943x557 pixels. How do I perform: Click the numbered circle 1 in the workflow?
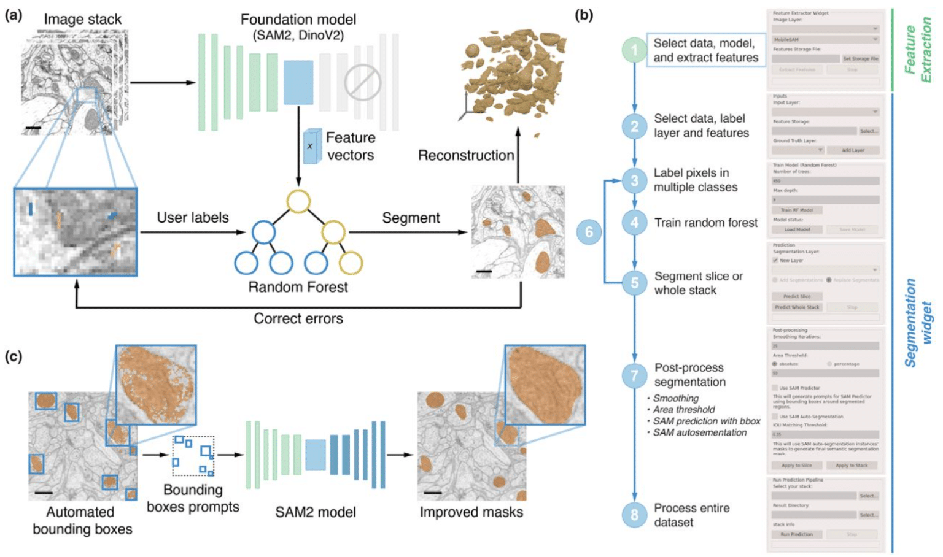(x=634, y=50)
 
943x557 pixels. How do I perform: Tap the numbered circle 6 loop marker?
(x=589, y=232)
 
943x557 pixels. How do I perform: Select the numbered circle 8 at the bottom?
(x=634, y=515)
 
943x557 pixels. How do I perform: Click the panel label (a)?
(x=14, y=15)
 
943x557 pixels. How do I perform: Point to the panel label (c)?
(x=14, y=356)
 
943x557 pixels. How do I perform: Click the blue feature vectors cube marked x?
(x=312, y=146)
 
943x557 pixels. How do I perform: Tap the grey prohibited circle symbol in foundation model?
(x=362, y=82)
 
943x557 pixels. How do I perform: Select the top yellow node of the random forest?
(x=298, y=201)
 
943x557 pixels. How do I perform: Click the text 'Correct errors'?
(x=298, y=318)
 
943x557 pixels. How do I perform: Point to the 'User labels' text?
(x=193, y=218)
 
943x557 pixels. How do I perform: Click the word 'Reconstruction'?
(x=466, y=156)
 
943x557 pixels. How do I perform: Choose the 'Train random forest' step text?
(x=706, y=223)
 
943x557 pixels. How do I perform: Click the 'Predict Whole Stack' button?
(x=797, y=307)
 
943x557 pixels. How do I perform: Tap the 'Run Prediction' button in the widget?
(x=797, y=534)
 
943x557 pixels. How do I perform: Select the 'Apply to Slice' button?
(x=797, y=466)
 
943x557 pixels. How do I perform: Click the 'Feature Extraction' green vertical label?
(x=918, y=50)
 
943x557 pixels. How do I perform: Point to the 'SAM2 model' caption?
(x=316, y=512)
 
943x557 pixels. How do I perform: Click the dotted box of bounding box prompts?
(x=193, y=456)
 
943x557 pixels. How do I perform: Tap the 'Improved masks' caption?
(x=471, y=512)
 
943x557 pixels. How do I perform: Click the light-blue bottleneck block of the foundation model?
(x=298, y=82)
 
